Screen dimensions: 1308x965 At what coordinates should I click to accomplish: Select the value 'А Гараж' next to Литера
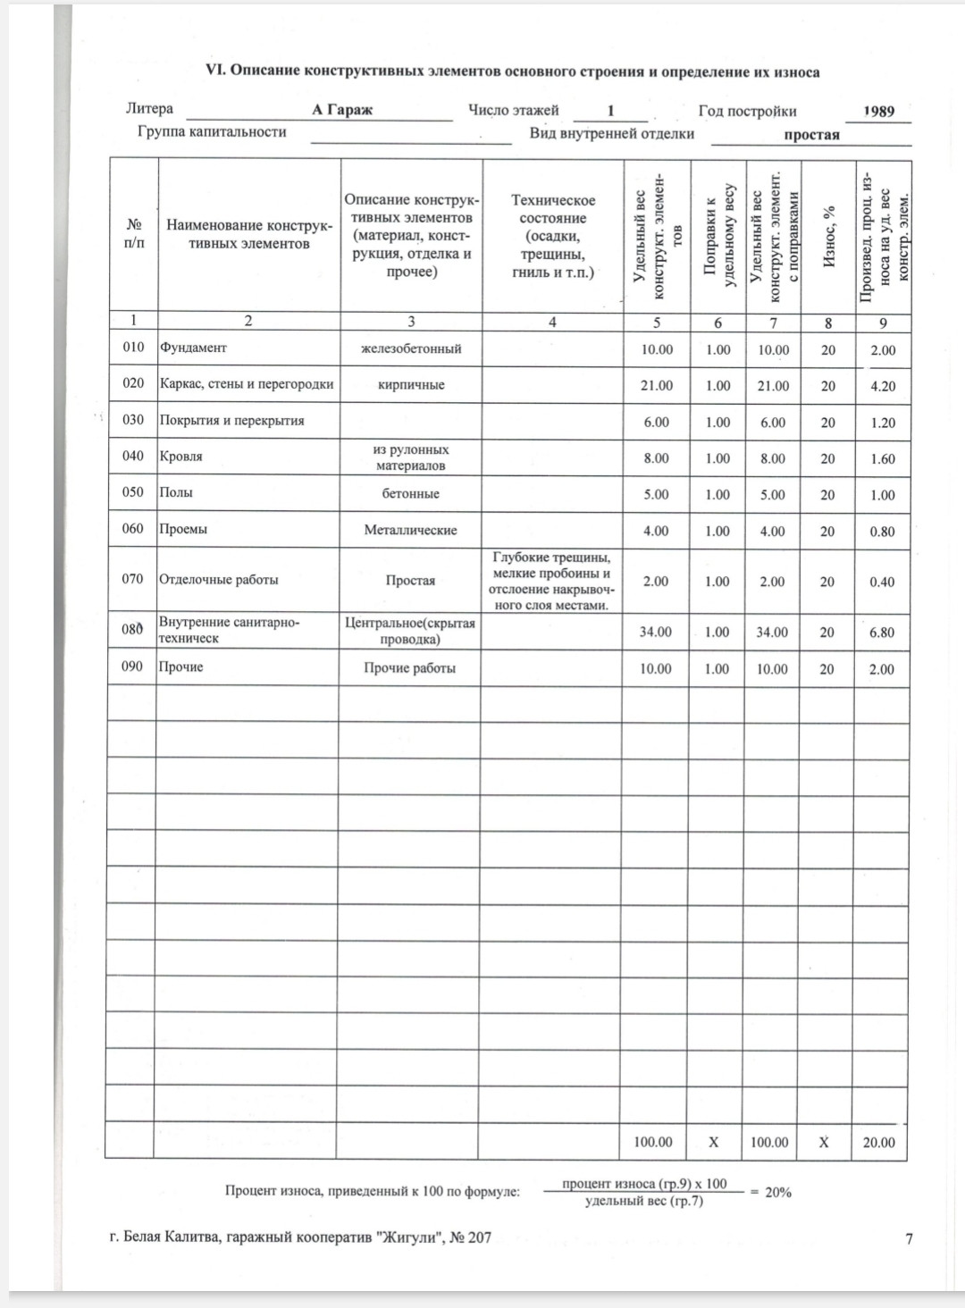point(342,111)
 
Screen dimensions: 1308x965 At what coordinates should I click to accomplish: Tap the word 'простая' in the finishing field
point(811,135)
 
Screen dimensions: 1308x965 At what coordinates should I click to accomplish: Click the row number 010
point(133,348)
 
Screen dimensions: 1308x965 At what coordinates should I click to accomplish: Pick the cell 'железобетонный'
point(411,348)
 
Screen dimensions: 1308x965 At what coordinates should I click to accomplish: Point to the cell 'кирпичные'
point(411,385)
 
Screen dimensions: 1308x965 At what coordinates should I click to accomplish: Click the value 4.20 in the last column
point(882,387)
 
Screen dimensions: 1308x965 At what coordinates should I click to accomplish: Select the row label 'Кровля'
point(180,457)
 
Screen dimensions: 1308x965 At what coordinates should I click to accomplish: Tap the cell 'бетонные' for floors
point(411,494)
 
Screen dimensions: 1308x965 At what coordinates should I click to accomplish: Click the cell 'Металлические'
point(410,531)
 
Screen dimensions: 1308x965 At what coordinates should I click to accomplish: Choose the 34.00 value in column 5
point(656,633)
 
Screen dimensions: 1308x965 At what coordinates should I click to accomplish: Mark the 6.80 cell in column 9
point(882,633)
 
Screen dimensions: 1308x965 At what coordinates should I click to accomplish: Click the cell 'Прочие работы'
point(410,668)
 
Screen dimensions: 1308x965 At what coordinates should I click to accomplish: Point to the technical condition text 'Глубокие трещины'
point(551,558)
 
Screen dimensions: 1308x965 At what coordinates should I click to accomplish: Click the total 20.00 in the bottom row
point(878,1143)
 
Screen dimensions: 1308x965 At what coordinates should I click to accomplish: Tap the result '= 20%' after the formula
point(770,1193)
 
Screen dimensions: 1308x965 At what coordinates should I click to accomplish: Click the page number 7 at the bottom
point(909,1238)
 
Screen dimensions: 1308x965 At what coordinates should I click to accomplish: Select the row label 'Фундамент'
point(193,348)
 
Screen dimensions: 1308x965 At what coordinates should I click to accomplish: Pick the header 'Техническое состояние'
point(553,209)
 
